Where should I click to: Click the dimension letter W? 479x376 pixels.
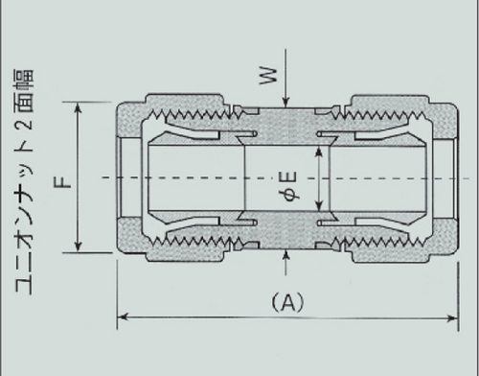(x=269, y=76)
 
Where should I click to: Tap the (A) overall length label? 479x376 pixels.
(x=288, y=302)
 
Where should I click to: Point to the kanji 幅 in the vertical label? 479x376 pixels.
(x=24, y=80)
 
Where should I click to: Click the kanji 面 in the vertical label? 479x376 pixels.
(x=24, y=103)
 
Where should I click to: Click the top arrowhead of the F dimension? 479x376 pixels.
(x=78, y=108)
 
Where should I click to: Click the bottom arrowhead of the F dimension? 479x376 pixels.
(x=78, y=247)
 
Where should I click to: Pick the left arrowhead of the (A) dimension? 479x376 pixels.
(x=123, y=317)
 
